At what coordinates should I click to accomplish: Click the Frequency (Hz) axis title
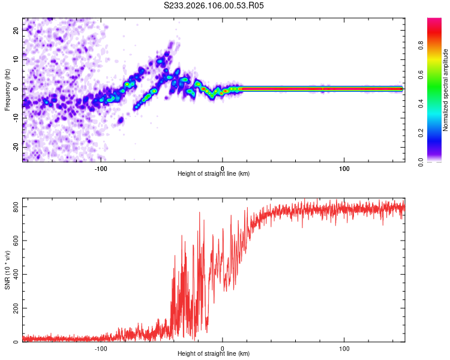click(x=7, y=89)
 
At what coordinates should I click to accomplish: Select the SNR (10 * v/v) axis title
click(x=7, y=270)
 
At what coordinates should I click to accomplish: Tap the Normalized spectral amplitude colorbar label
click(x=446, y=90)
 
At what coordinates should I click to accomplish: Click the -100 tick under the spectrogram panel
click(x=101, y=167)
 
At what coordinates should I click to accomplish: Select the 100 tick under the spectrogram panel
click(x=344, y=167)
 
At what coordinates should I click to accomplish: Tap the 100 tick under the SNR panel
click(x=344, y=348)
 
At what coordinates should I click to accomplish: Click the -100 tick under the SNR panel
click(x=101, y=348)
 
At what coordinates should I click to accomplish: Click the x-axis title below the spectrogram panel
click(x=214, y=174)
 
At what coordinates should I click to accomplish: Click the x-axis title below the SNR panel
click(x=214, y=355)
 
